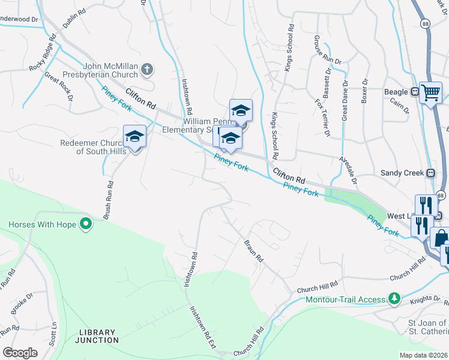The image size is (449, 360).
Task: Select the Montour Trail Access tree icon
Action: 394,298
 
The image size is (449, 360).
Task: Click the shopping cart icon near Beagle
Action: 430,92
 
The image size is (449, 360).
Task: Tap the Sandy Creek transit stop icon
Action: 430,173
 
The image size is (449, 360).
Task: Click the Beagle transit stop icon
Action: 414,92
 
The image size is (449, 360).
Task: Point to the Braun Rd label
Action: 254,250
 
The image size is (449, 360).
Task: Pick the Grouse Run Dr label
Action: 327,50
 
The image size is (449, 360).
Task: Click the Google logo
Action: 20,353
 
